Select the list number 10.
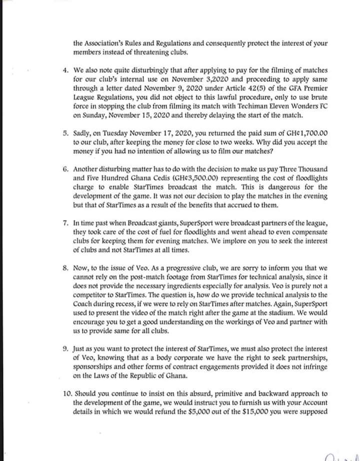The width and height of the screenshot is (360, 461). tap(66, 393)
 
